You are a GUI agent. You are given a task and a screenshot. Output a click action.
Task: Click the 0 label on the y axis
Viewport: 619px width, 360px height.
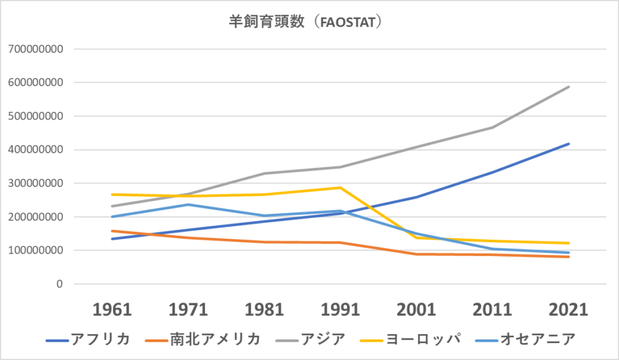(x=60, y=284)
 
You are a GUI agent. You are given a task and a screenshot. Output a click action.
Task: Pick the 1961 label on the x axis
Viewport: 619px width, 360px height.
(x=112, y=309)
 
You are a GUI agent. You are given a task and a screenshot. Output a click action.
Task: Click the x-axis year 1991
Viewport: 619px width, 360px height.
(x=340, y=309)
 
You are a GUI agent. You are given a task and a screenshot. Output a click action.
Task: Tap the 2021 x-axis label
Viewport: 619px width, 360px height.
(x=568, y=309)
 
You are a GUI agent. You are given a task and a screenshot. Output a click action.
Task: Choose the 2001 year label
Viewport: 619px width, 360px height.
(x=416, y=309)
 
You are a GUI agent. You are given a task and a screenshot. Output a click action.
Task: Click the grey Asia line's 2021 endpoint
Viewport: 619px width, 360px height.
(x=568, y=87)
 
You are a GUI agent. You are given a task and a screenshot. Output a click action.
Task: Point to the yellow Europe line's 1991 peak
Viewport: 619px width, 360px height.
(x=340, y=187)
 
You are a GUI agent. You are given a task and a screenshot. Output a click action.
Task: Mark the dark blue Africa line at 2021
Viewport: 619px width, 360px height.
(x=568, y=144)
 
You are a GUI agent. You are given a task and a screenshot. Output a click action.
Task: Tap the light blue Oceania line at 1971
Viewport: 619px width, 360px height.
(x=189, y=204)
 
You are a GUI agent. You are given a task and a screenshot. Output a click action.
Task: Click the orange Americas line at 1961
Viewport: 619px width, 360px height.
(x=112, y=231)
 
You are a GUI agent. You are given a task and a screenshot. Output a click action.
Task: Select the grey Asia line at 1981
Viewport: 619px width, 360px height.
(x=264, y=173)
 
